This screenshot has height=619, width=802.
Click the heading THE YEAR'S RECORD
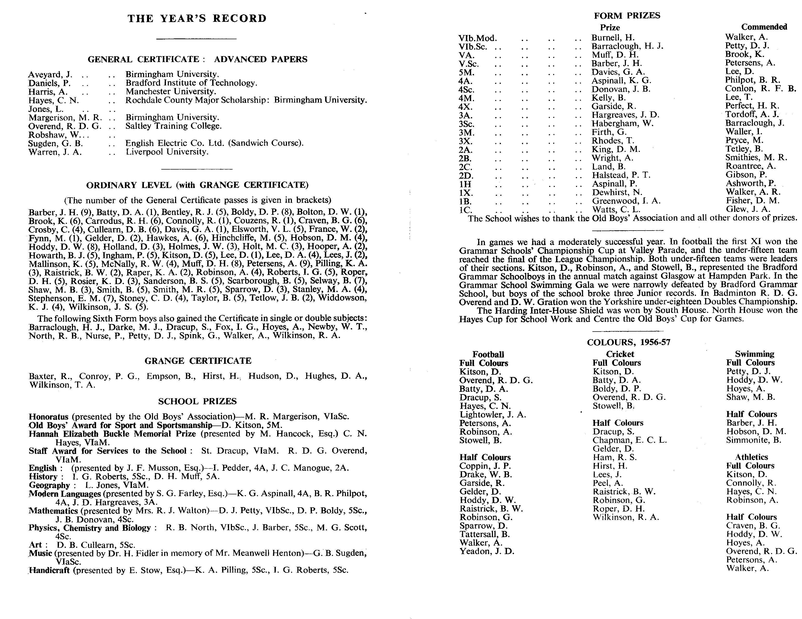(x=197, y=19)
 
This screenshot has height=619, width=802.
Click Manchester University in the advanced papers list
(x=171, y=91)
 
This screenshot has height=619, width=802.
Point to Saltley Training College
(x=174, y=126)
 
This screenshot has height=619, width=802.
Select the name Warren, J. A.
(x=55, y=152)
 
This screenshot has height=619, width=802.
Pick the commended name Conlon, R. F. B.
(x=760, y=89)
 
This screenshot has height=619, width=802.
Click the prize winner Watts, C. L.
(x=616, y=210)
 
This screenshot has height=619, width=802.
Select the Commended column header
(x=764, y=27)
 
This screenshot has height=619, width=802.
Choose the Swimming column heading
(x=754, y=354)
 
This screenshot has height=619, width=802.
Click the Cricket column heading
(x=620, y=354)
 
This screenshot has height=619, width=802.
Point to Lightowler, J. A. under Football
(x=492, y=414)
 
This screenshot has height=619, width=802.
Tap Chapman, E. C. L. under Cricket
(x=629, y=440)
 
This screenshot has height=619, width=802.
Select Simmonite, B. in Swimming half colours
(x=753, y=440)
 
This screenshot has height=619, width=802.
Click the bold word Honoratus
(x=49, y=417)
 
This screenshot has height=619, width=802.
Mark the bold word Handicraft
(x=50, y=570)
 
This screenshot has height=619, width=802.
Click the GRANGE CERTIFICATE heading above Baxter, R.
(x=198, y=361)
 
